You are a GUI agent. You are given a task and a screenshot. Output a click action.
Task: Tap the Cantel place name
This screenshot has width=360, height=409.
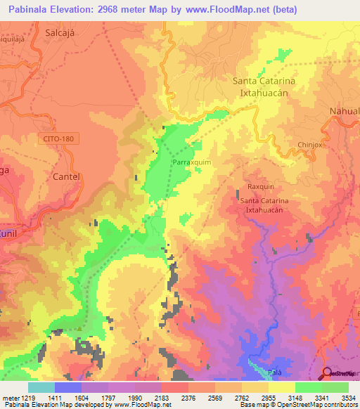pyautogui.click(x=67, y=176)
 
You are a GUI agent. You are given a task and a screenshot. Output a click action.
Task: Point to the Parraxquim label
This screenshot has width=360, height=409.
pyautogui.click(x=191, y=160)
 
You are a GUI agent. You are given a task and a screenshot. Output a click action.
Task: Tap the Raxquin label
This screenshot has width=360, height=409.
pyautogui.click(x=262, y=187)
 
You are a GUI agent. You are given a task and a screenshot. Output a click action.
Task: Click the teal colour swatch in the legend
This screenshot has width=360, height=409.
pyautogui.click(x=41, y=387)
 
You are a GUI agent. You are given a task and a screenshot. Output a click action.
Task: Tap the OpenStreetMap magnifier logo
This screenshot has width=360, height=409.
pyautogui.click(x=326, y=373)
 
